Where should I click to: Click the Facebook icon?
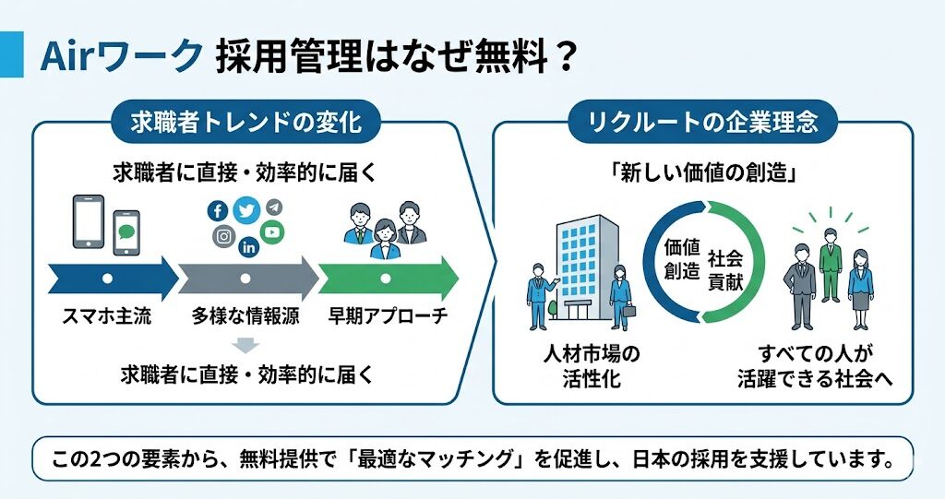point(217,210)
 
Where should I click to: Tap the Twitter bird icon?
point(246,210)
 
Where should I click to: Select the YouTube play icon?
point(272,232)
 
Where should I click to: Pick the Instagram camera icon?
point(223,236)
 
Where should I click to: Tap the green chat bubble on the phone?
point(126,232)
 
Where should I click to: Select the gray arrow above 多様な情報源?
point(248,279)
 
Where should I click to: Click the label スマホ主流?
point(107,315)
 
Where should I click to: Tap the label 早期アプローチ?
point(389,315)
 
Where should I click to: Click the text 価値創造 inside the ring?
point(682,259)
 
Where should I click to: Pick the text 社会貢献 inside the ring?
point(725,270)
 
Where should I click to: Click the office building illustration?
point(587,268)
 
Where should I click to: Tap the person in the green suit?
point(830,265)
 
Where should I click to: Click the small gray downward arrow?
point(245,345)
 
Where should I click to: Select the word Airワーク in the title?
point(121,56)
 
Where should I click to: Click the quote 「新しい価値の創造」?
point(702,173)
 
